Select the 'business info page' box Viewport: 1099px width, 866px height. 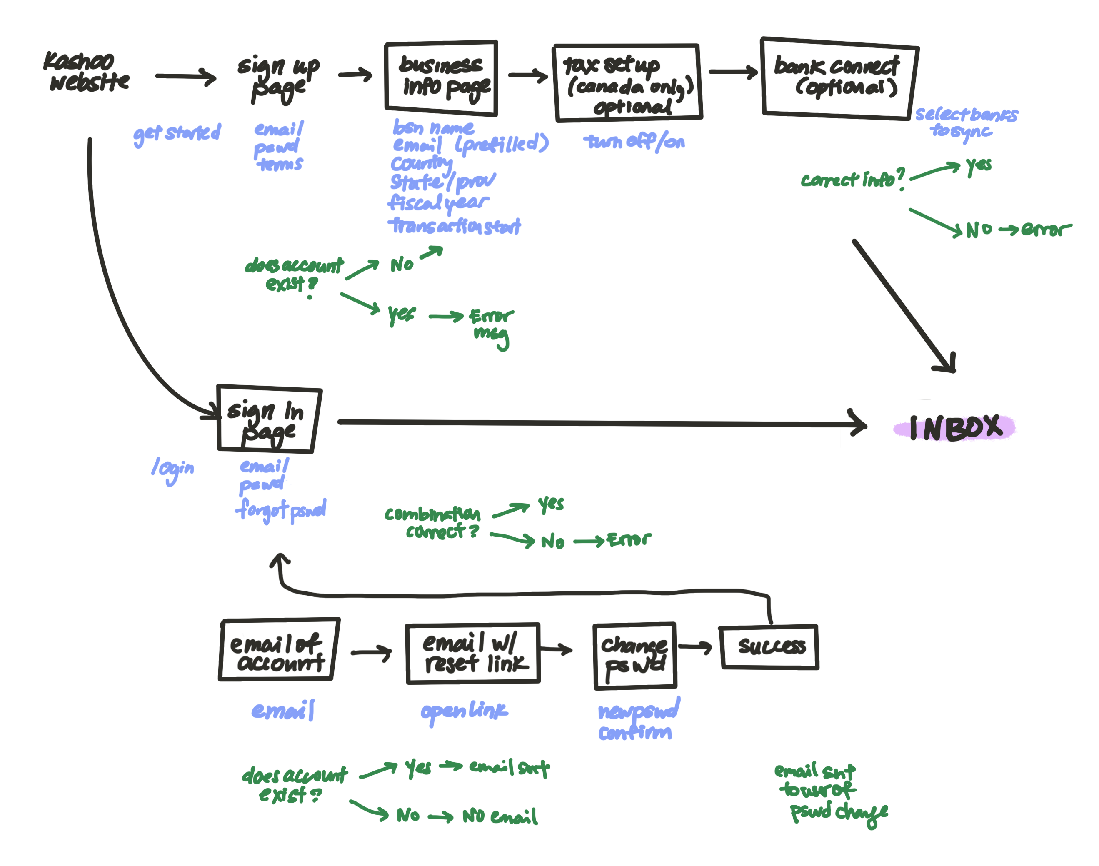441,77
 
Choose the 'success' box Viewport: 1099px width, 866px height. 769,646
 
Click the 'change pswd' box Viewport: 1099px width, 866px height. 635,656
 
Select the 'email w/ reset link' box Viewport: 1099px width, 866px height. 473,653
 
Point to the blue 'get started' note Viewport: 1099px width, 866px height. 177,133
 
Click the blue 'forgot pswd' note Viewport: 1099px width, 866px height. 282,509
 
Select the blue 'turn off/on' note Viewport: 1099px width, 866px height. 634,142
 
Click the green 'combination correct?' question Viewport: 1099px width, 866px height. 432,522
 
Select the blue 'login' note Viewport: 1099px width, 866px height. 172,469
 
